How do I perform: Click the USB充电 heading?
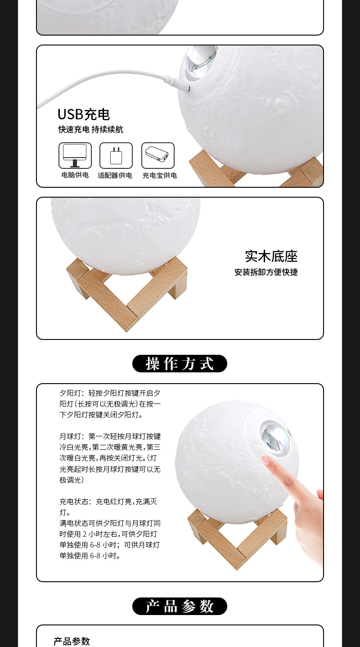[x=84, y=114]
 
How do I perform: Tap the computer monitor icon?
[x=75, y=155]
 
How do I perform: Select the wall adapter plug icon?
[x=116, y=155]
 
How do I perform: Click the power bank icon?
[x=157, y=155]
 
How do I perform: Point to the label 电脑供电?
[x=75, y=175]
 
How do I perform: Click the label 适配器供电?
[x=115, y=176]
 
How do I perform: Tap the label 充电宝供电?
[x=159, y=176]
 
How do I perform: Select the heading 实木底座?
[x=271, y=257]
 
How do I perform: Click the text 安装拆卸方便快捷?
[x=266, y=272]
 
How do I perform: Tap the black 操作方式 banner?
[x=180, y=363]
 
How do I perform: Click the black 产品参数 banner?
[x=180, y=606]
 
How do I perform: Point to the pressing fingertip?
[x=266, y=460]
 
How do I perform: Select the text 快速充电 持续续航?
[x=90, y=130]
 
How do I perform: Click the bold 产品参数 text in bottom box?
[x=72, y=641]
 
